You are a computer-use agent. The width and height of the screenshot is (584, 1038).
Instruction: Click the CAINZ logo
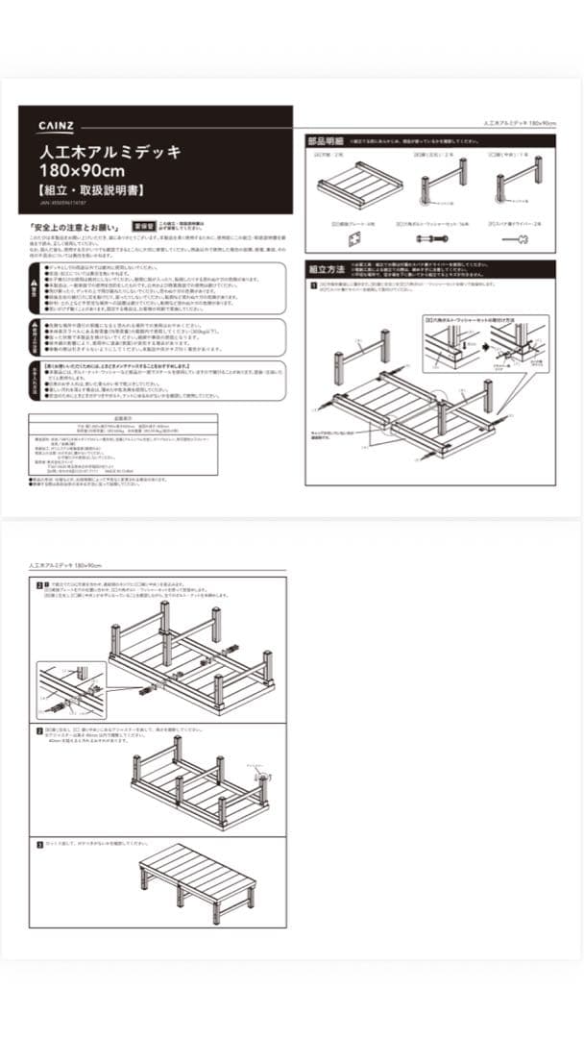(57, 125)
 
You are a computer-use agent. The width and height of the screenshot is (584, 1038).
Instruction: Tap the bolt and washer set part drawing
(438, 237)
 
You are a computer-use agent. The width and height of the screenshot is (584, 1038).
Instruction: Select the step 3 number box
(39, 845)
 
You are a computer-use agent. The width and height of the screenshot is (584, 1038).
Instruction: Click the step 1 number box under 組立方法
(313, 285)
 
